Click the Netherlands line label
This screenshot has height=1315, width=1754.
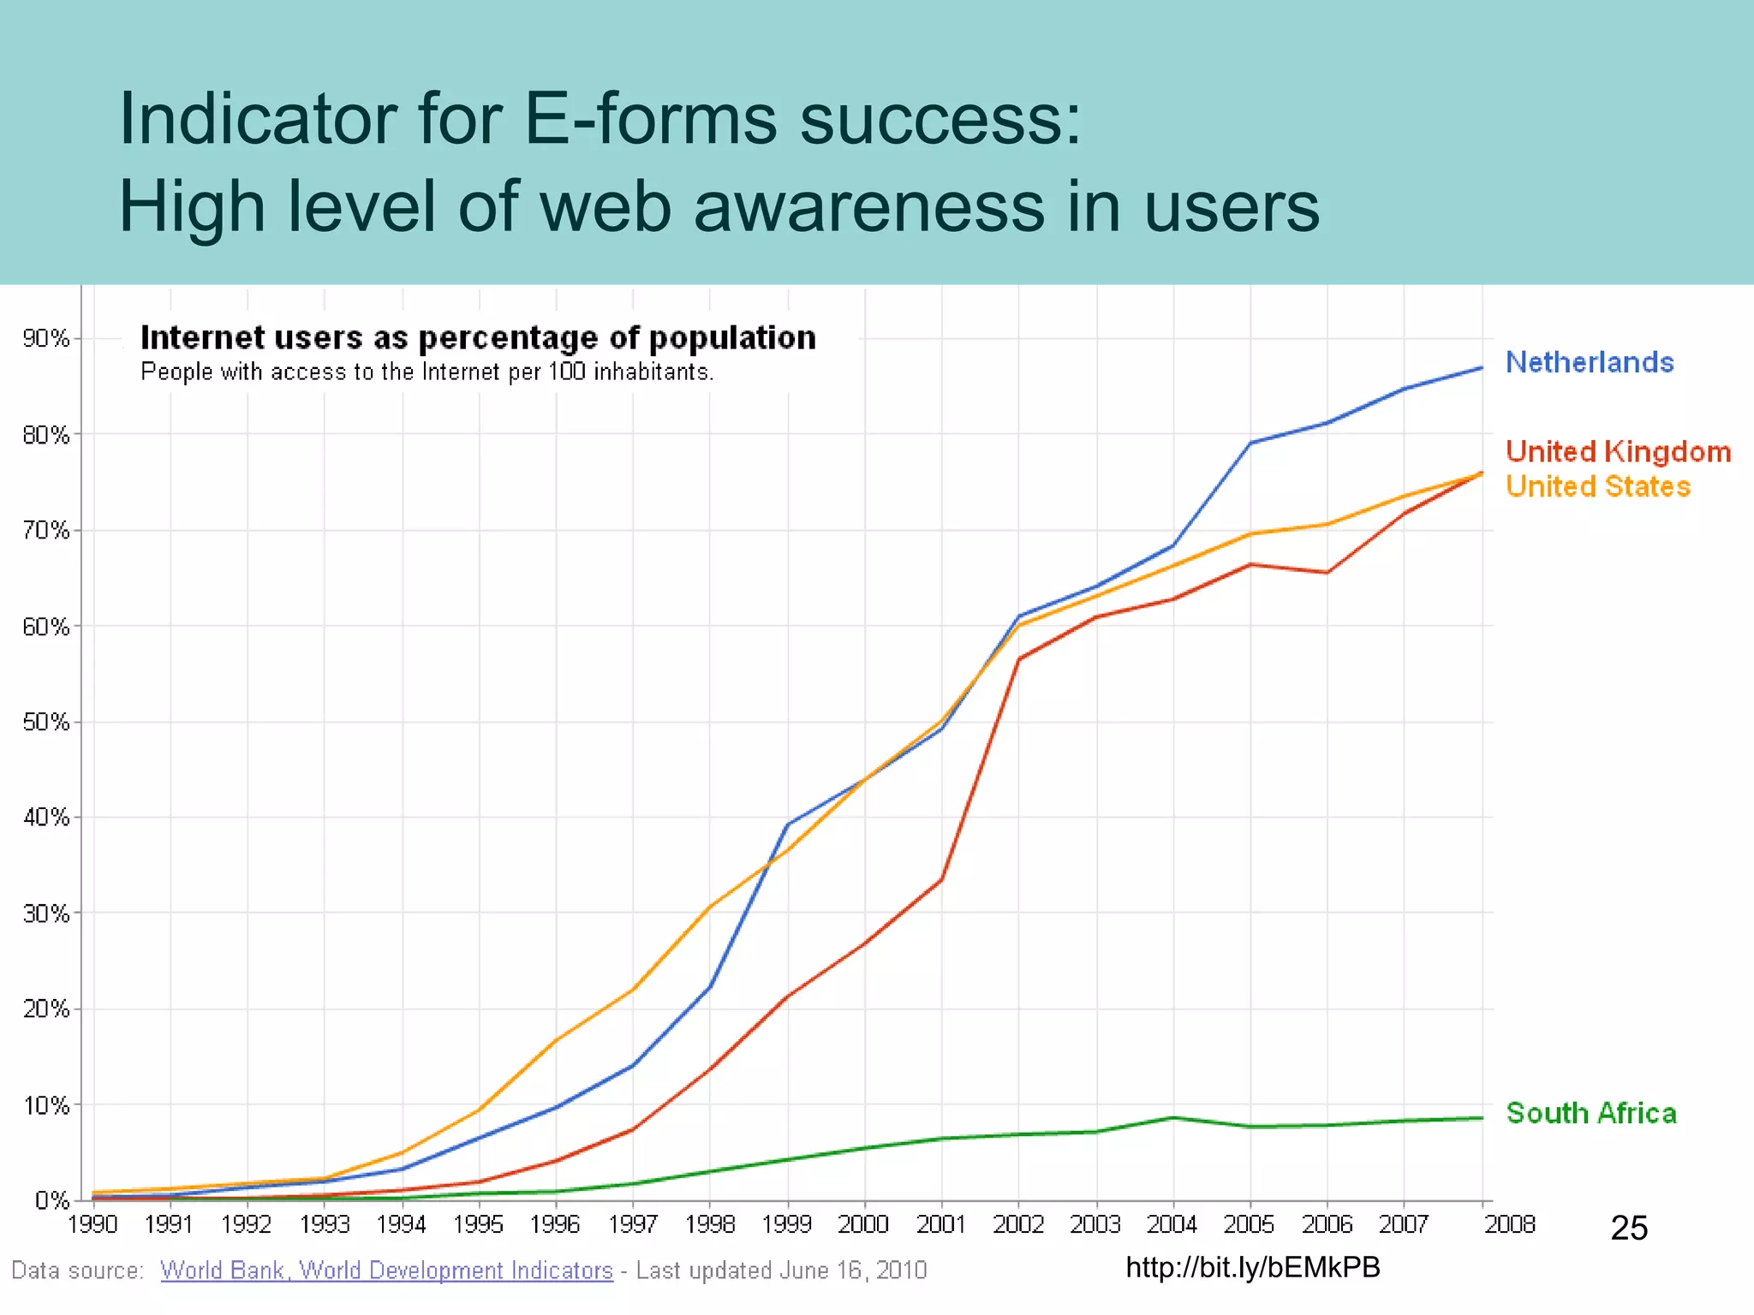pyautogui.click(x=1589, y=362)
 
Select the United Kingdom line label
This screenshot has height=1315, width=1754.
pyautogui.click(x=1618, y=451)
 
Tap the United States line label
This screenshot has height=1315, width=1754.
pyautogui.click(x=1597, y=486)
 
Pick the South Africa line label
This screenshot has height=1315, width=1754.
pyautogui.click(x=1590, y=1113)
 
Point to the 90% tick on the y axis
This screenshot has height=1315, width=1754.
pyautogui.click(x=46, y=338)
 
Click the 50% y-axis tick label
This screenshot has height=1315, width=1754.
pyautogui.click(x=46, y=722)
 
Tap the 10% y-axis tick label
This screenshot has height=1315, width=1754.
pyautogui.click(x=46, y=1105)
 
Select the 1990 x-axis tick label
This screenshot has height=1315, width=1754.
pyautogui.click(x=92, y=1224)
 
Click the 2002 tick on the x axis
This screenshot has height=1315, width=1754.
pyautogui.click(x=1018, y=1224)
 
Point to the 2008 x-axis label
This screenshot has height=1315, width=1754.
pyautogui.click(x=1509, y=1224)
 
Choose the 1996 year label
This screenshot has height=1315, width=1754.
pyautogui.click(x=556, y=1224)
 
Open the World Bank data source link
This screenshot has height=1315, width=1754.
pyautogui.click(x=386, y=1270)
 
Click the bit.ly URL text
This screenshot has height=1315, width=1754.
pyautogui.click(x=1253, y=1267)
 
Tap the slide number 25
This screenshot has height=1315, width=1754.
pyautogui.click(x=1629, y=1229)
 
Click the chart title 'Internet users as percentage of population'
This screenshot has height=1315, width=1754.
pyautogui.click(x=478, y=337)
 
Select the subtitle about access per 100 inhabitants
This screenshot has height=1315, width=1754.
pyautogui.click(x=427, y=372)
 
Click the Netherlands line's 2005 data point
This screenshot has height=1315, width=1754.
pyautogui.click(x=1250, y=443)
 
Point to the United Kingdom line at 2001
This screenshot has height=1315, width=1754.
pyautogui.click(x=941, y=879)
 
